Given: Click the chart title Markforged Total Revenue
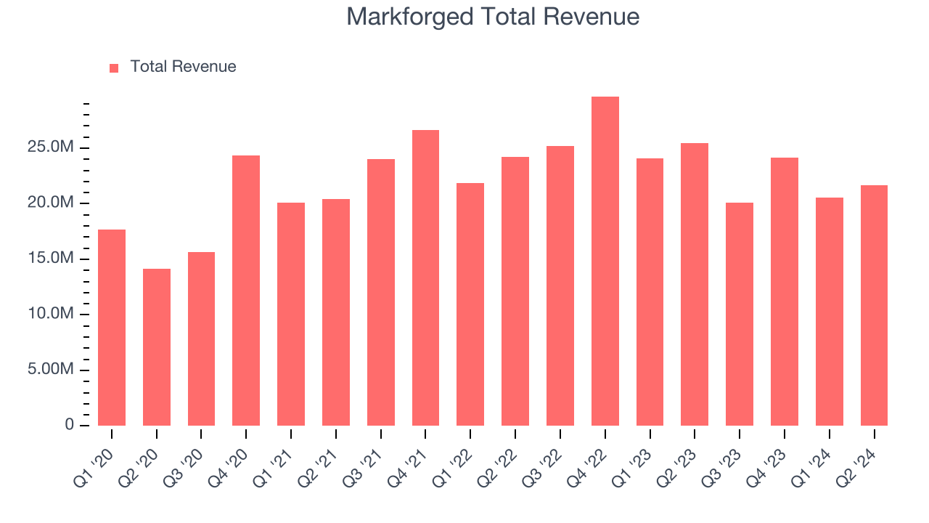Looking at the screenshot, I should point(493,17).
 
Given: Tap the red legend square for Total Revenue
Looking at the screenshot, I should point(114,68).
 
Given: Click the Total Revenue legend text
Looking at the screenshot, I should point(183,67).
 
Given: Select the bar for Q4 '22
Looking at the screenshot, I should point(605,261).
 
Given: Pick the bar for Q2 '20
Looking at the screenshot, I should point(157,347).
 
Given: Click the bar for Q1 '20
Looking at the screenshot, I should point(112,328).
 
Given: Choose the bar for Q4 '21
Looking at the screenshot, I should point(425,277).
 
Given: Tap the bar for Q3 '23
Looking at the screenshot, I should point(740,314).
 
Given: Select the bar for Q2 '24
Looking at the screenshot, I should point(874,305).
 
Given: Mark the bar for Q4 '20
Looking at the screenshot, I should point(246,291).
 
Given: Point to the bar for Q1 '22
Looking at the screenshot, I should point(470,304).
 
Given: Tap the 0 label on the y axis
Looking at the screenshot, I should point(70,424).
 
